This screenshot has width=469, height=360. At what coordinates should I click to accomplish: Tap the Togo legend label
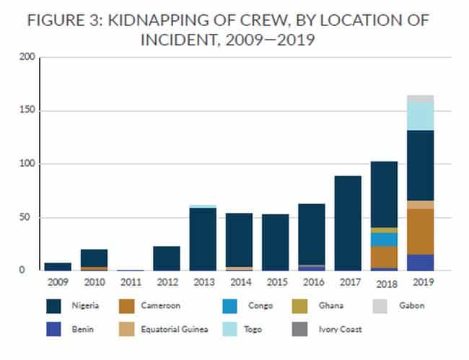tap(255, 329)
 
